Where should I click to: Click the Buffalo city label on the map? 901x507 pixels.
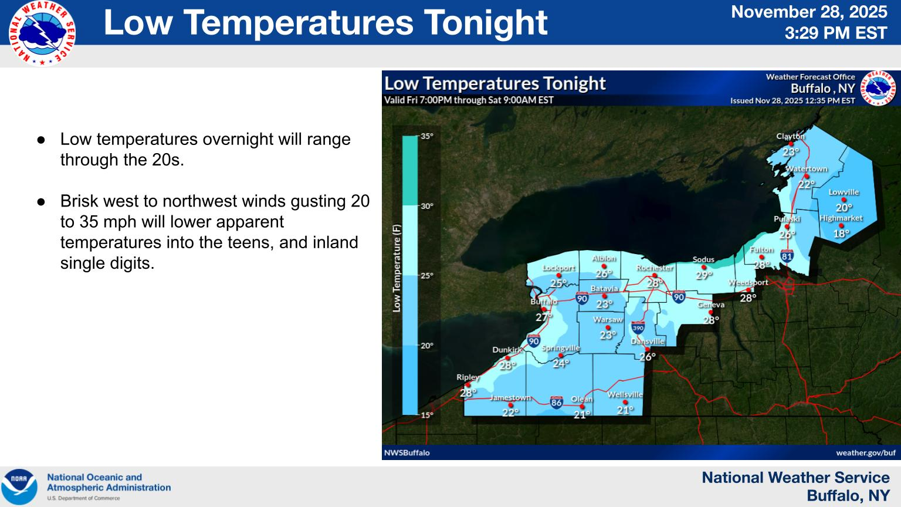tap(544, 302)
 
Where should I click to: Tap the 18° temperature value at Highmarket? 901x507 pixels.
tap(841, 234)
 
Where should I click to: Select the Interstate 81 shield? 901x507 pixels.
tap(787, 256)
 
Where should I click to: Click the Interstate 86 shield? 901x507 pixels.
tap(556, 402)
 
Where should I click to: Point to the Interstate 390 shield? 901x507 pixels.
tap(638, 327)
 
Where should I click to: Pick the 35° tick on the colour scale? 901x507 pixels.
tap(427, 136)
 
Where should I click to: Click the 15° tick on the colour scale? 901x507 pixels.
tap(427, 415)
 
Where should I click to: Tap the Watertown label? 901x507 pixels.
tap(807, 168)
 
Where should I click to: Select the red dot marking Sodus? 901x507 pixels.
tap(703, 267)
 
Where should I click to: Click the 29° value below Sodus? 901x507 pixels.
tap(704, 275)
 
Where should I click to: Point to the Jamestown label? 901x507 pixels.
tap(510, 397)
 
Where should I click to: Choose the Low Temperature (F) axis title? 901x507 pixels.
tap(397, 268)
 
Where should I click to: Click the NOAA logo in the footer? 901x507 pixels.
tap(19, 486)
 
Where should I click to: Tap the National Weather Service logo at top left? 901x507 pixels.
tap(42, 33)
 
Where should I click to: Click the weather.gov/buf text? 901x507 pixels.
tap(866, 452)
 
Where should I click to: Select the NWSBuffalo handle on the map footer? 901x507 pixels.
tap(407, 452)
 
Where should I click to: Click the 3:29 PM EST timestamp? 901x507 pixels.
tap(836, 33)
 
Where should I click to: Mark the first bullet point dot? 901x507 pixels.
tap(41, 140)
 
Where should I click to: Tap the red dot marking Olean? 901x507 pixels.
tap(582, 407)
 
